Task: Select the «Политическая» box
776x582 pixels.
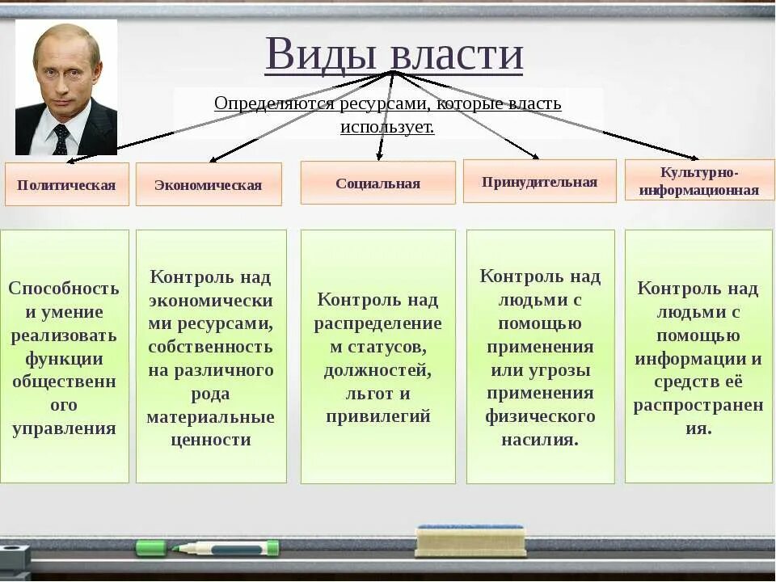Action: point(66,184)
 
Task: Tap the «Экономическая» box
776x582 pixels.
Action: point(209,184)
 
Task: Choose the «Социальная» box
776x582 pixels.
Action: point(377,183)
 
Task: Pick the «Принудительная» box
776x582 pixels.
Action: point(539,181)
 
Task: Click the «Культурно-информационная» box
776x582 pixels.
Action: point(699,180)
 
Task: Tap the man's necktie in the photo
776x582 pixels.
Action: point(61,138)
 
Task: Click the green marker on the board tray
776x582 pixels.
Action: point(208,548)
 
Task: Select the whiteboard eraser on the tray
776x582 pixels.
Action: point(470,541)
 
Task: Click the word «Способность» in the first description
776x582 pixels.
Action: point(64,289)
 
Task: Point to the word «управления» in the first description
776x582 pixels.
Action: point(64,428)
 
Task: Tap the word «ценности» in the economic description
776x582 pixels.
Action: point(211,441)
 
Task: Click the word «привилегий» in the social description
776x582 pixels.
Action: point(377,417)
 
